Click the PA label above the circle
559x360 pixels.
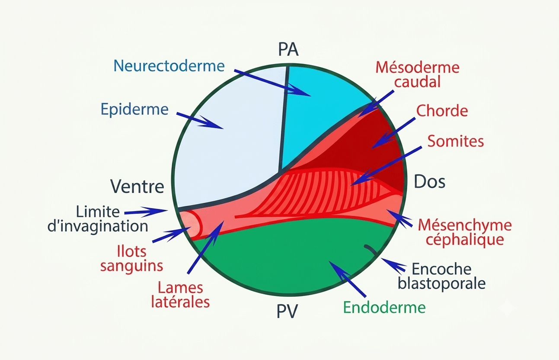[288, 49]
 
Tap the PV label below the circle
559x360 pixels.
[287, 312]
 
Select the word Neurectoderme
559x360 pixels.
[169, 66]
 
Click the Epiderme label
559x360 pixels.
[134, 109]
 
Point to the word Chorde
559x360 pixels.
[442, 111]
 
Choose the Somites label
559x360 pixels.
[456, 141]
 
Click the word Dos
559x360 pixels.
[429, 182]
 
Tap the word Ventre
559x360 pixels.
[137, 186]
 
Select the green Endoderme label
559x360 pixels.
[384, 307]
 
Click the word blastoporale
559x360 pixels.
[442, 283]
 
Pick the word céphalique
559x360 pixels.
[465, 240]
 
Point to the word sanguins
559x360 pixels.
[131, 266]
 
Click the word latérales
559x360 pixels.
[180, 302]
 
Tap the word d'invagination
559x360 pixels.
[98, 226]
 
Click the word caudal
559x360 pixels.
[417, 82]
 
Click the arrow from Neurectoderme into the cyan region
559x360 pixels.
[272, 83]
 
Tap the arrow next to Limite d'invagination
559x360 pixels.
[146, 212]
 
